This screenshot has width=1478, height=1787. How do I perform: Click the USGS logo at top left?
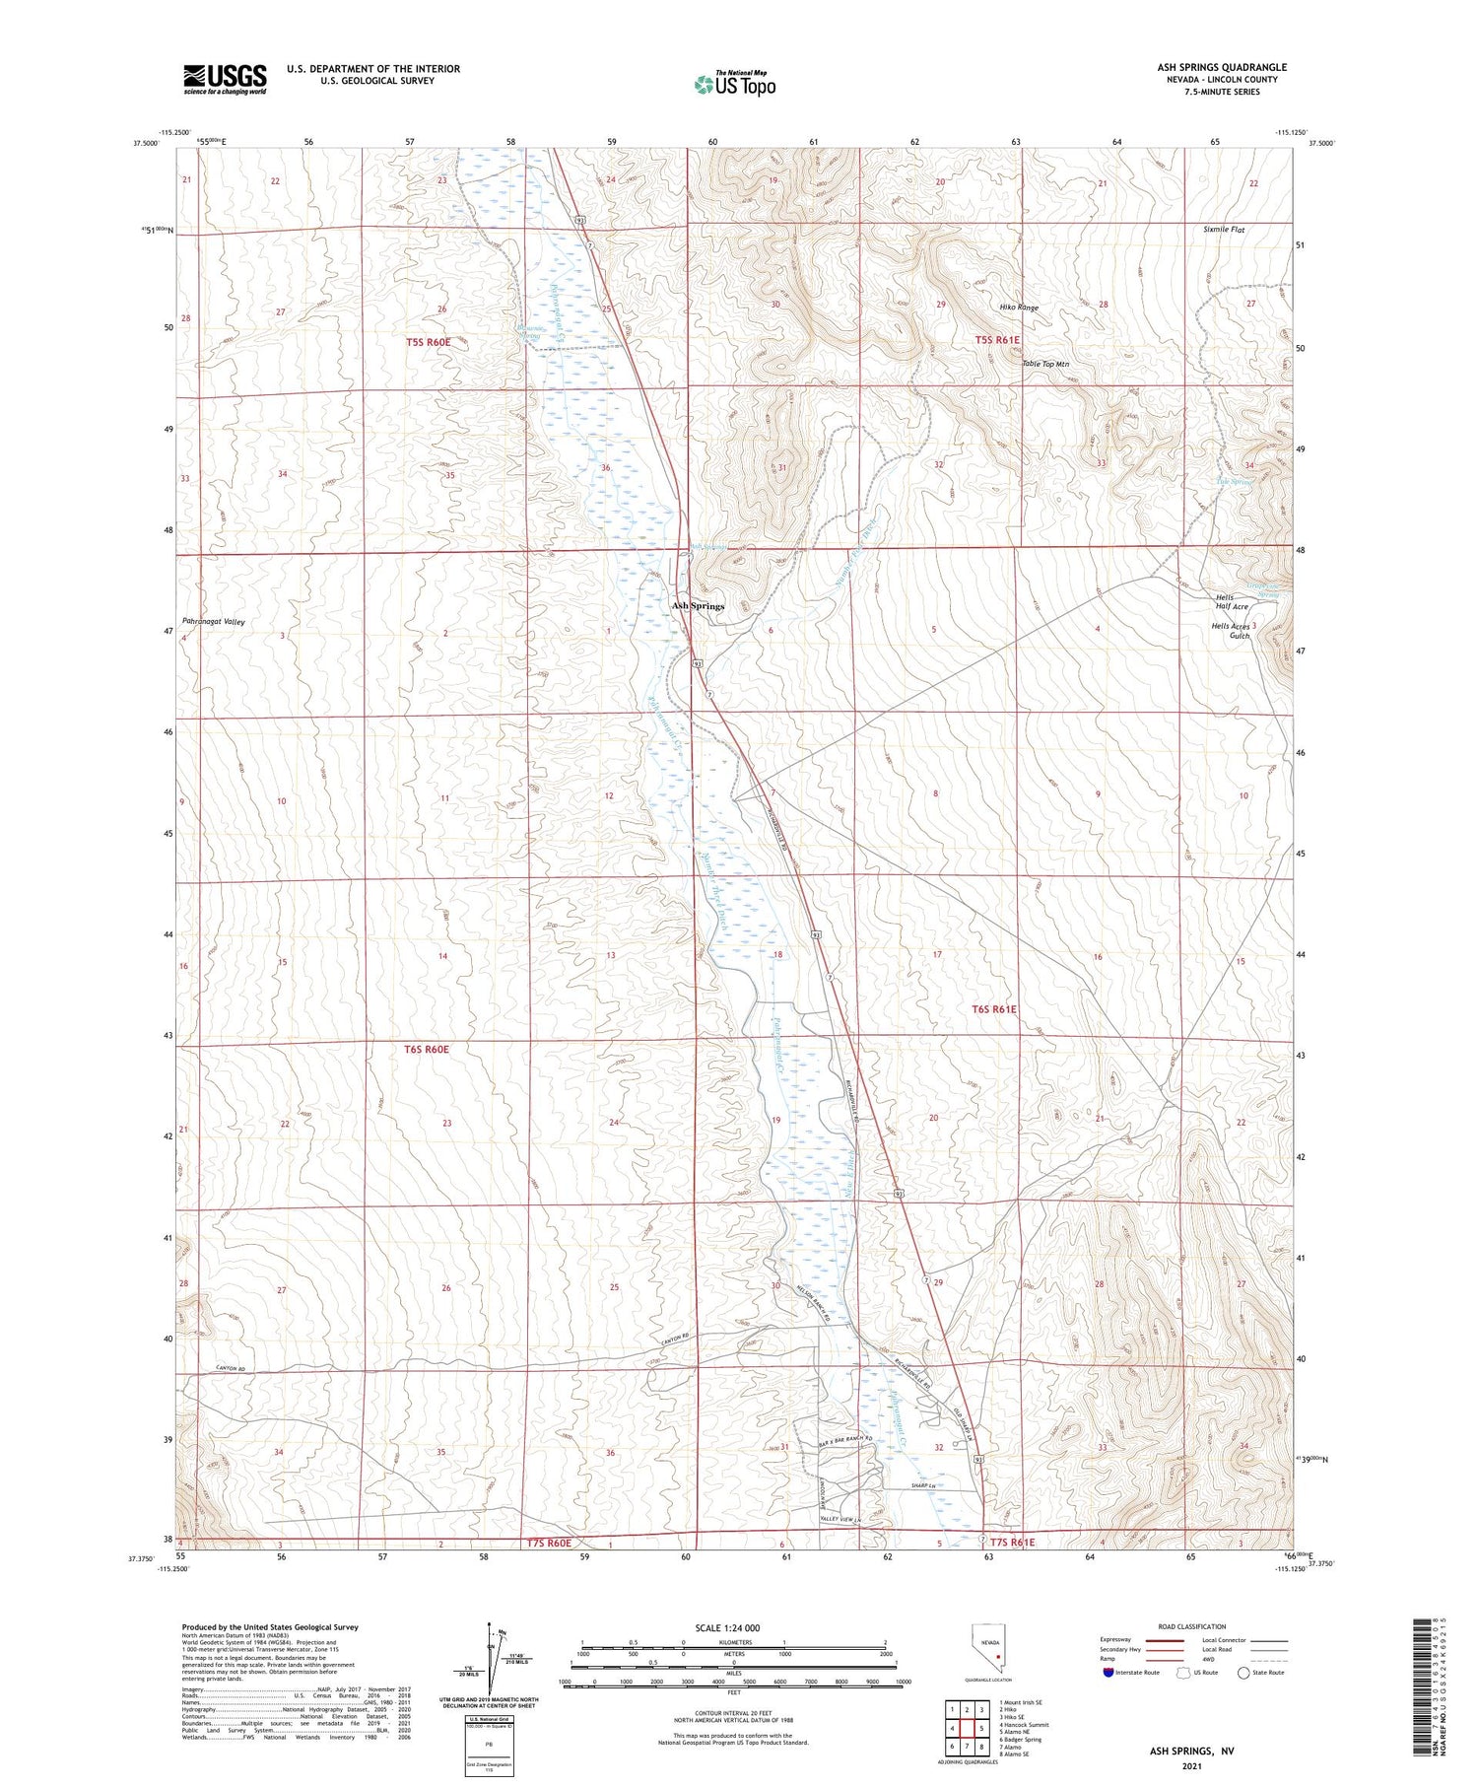[x=225, y=79]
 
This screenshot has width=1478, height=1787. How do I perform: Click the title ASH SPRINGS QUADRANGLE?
[x=1222, y=67]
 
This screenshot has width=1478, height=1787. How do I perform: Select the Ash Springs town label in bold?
[x=698, y=606]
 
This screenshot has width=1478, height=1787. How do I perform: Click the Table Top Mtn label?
[x=1044, y=364]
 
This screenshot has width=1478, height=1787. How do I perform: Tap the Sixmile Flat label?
[x=1224, y=230]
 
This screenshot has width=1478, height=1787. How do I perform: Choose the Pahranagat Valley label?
[x=213, y=622]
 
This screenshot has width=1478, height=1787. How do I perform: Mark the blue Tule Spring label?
[x=1234, y=482]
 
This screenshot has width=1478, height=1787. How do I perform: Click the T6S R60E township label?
[x=426, y=1050]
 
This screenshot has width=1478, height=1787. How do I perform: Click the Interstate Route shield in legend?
[x=1108, y=1673]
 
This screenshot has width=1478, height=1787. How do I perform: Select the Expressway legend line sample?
[x=1164, y=1640]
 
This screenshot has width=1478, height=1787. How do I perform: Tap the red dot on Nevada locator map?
[x=998, y=1657]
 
